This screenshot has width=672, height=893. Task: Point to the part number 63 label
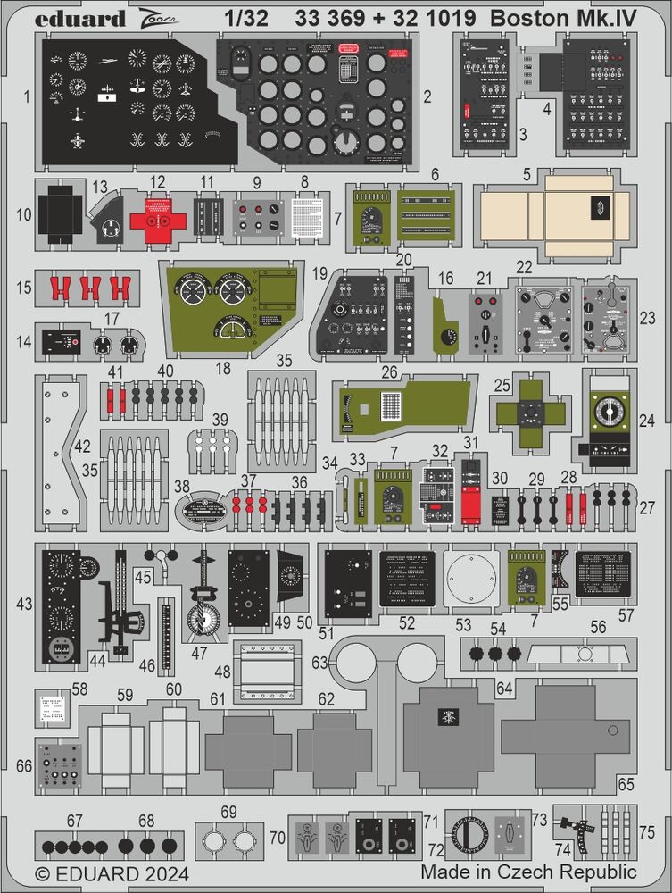319,662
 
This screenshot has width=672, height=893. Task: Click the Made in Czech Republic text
528,872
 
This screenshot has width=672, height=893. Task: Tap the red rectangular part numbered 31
470,494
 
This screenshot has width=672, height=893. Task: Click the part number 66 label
24,766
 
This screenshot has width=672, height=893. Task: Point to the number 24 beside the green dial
647,418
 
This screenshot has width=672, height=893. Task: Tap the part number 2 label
427,95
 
